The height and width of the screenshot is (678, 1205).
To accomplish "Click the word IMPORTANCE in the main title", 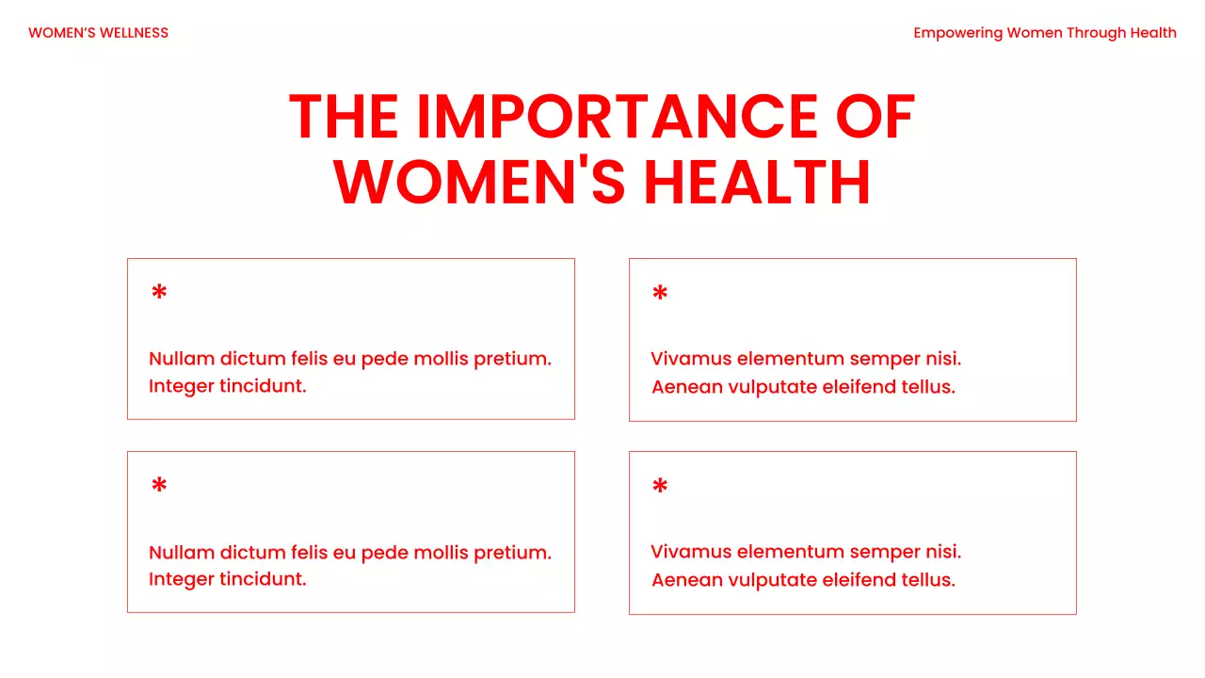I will click(x=617, y=118).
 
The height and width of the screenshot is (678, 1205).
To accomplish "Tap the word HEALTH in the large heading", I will click(x=758, y=182).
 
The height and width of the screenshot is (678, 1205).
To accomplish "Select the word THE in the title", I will click(x=344, y=118).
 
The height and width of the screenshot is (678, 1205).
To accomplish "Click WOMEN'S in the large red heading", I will click(x=479, y=182).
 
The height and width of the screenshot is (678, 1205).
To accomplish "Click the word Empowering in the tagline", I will click(x=957, y=33).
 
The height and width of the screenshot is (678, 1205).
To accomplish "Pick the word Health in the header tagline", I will click(x=1153, y=33).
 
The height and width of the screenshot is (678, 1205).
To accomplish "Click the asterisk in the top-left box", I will click(x=159, y=293).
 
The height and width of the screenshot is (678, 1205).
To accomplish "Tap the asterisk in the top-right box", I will click(x=660, y=294).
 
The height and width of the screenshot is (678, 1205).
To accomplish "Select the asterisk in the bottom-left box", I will click(x=159, y=486).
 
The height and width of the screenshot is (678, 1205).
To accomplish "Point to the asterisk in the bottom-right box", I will click(x=660, y=487).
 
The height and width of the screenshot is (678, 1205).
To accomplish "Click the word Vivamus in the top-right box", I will click(x=691, y=359).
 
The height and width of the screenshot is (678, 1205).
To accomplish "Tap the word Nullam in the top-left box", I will click(x=182, y=359).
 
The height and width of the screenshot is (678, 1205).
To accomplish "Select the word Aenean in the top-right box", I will click(x=687, y=387).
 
